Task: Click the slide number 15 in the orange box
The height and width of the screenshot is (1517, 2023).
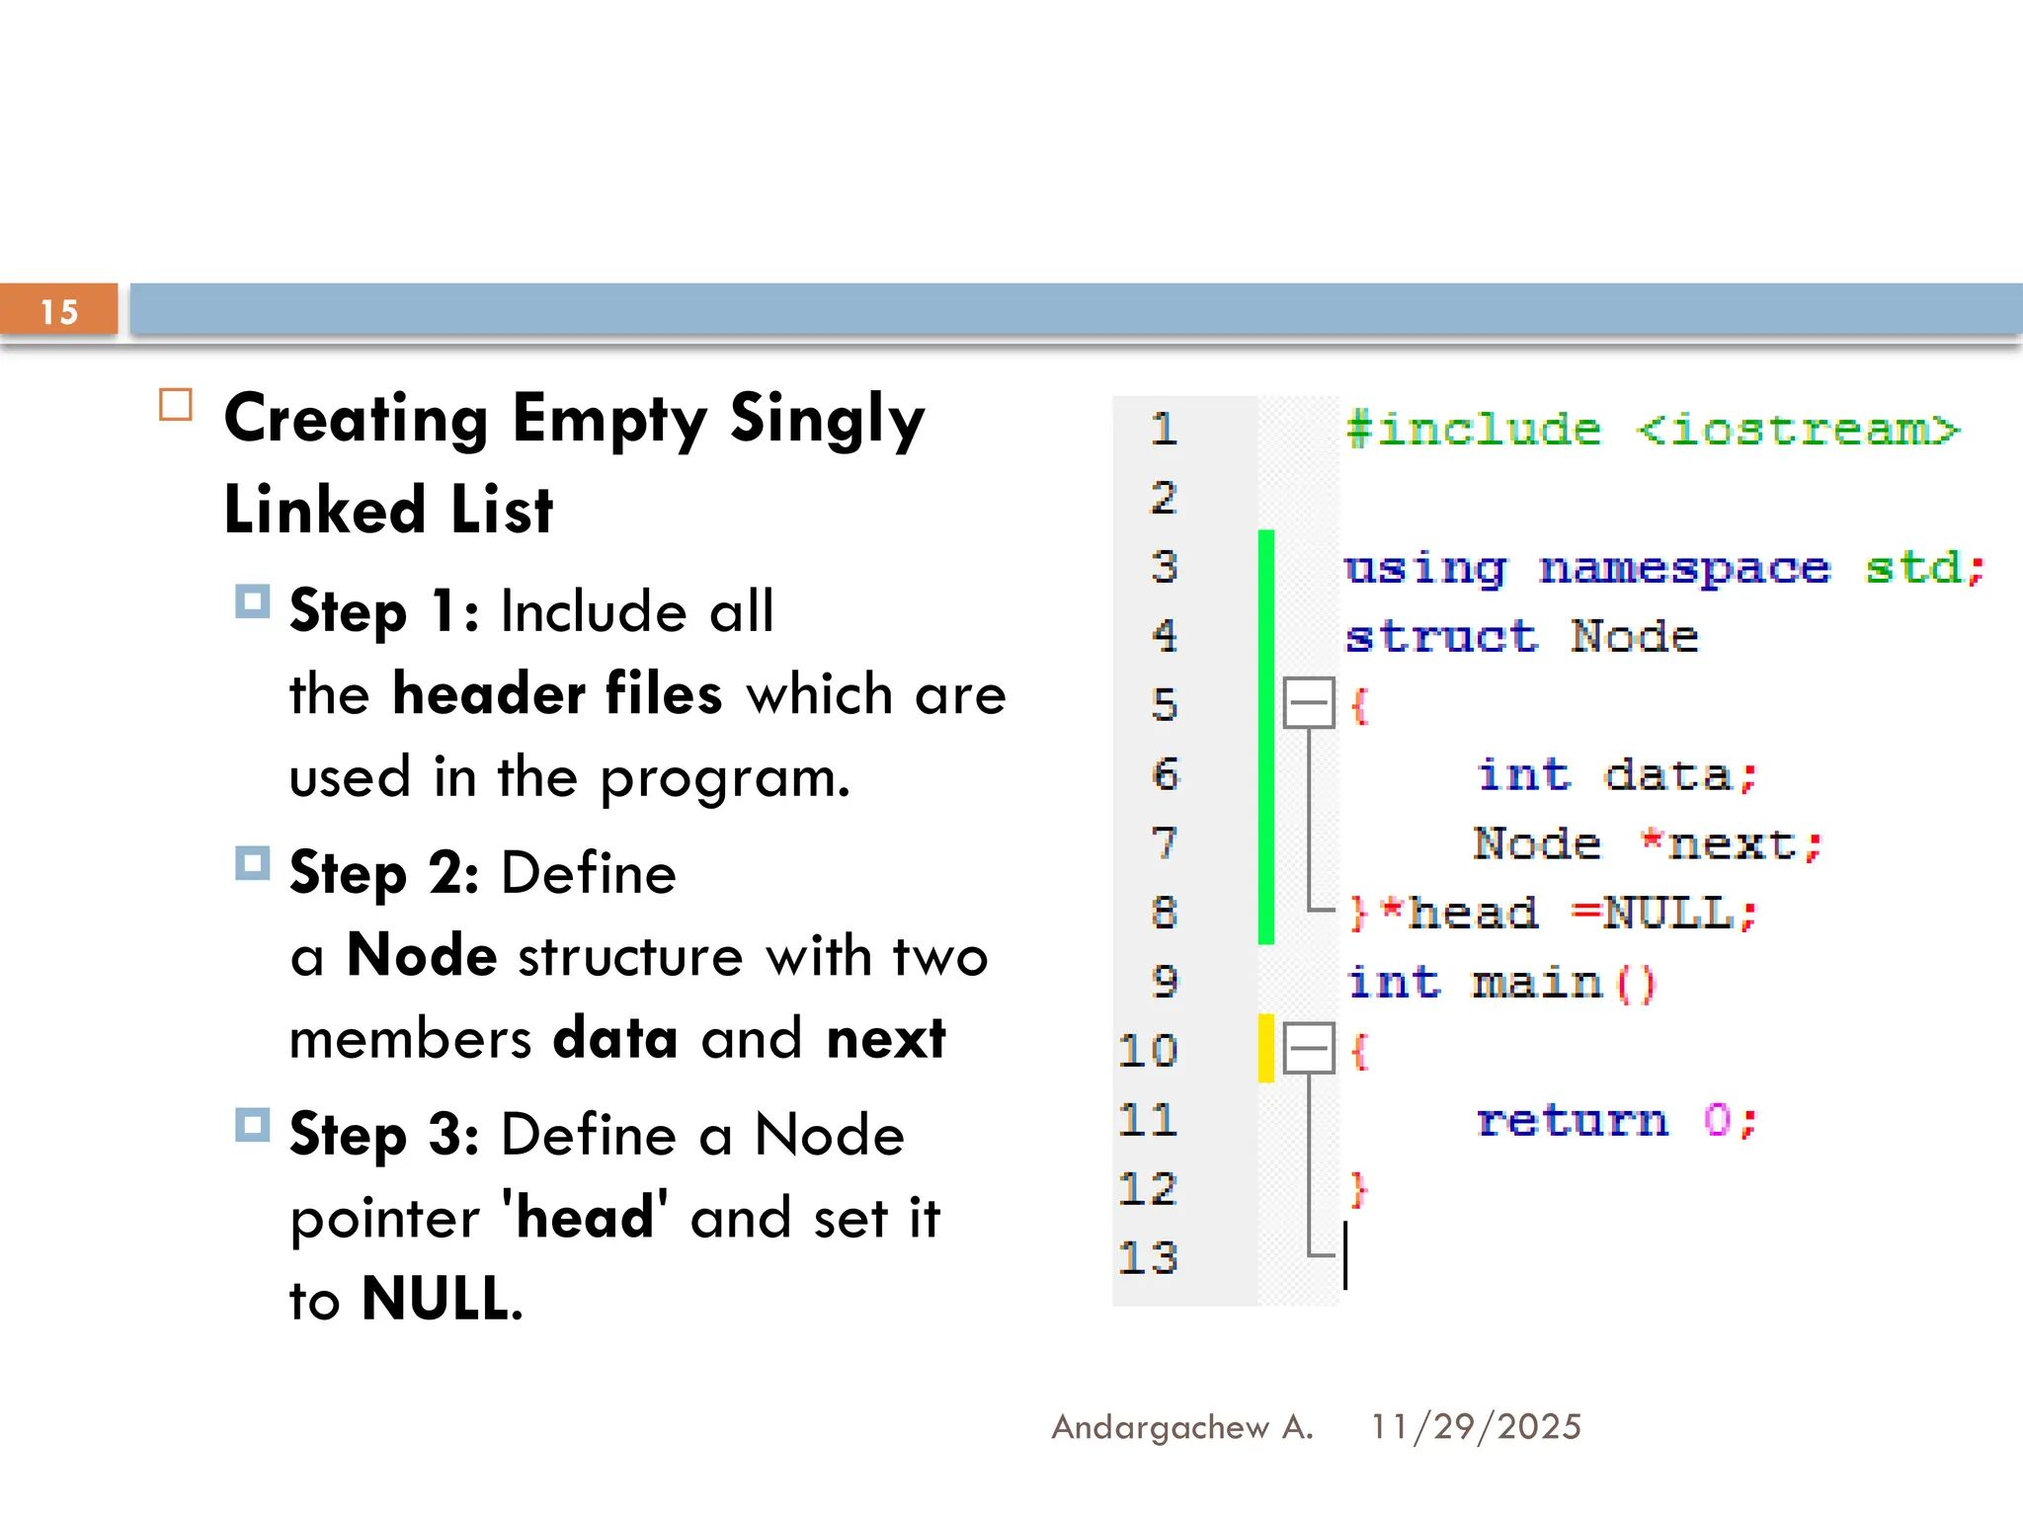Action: tap(59, 312)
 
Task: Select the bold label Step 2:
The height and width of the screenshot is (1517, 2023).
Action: tap(384, 874)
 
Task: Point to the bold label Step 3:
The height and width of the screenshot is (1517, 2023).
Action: tap(384, 1135)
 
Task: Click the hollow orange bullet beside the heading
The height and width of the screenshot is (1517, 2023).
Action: tap(176, 405)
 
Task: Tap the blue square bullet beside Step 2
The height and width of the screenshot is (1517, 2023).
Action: tap(252, 863)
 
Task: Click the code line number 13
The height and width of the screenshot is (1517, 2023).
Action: tap(1148, 1258)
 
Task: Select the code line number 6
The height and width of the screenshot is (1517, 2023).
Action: tap(1165, 774)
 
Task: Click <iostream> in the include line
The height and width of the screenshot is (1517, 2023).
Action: tap(1797, 430)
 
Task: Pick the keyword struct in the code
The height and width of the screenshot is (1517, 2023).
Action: tap(1441, 637)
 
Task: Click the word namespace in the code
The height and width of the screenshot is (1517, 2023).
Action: tap(1684, 569)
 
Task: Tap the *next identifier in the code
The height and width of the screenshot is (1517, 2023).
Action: tap(1729, 844)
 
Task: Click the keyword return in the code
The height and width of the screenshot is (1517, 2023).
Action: tap(1572, 1121)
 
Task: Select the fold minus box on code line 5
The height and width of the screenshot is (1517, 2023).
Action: tap(1309, 703)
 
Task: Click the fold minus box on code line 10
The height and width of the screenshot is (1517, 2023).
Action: tap(1309, 1048)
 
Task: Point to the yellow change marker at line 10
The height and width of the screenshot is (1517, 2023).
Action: tap(1265, 1048)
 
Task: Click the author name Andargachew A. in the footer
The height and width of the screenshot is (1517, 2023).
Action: tap(1182, 1427)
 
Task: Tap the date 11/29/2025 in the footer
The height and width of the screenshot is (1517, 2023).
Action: tap(1476, 1427)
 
